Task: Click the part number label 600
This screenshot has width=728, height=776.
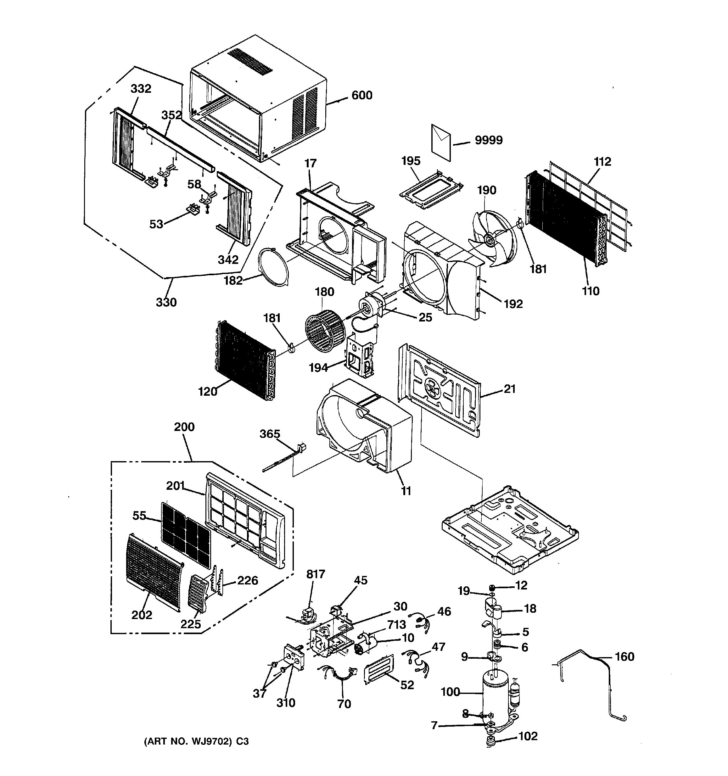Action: point(362,95)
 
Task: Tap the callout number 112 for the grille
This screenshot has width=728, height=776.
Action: point(602,161)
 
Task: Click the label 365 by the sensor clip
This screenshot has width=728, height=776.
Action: point(270,434)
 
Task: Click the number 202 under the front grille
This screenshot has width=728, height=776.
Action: point(141,615)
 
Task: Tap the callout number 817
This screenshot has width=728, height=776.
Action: point(316,574)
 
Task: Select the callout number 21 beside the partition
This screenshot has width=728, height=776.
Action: point(510,389)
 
